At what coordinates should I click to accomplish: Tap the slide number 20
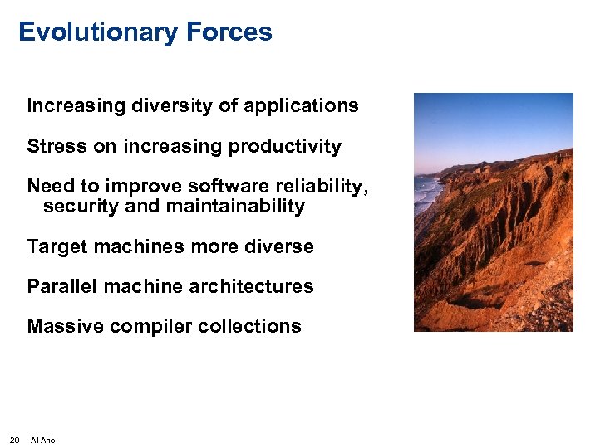[x=14, y=440]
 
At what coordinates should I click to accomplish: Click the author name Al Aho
[x=42, y=440]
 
